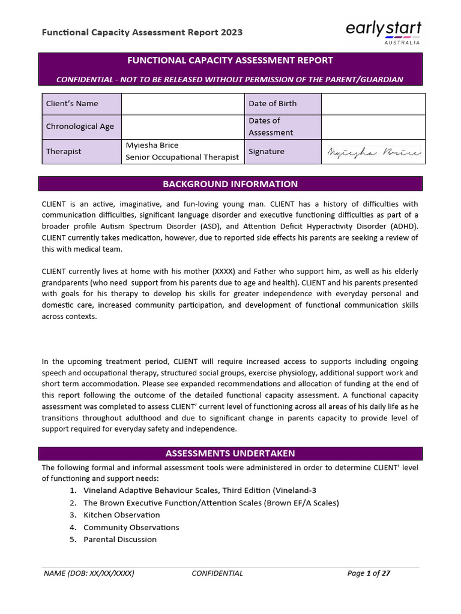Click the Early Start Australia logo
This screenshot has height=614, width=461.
(384, 32)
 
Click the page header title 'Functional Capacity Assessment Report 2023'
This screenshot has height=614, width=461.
(142, 32)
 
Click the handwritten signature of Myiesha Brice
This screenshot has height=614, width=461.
(373, 152)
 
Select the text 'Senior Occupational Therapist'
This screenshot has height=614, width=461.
(182, 158)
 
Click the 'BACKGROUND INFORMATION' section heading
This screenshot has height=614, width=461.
(230, 184)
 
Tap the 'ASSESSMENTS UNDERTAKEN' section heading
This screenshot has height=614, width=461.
(230, 454)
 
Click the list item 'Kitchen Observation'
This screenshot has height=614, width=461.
(122, 515)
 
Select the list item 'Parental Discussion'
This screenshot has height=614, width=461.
(120, 540)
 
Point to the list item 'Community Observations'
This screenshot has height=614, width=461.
(131, 528)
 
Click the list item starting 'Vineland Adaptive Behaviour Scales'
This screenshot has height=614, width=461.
(200, 490)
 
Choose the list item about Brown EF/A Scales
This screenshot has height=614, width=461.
(211, 503)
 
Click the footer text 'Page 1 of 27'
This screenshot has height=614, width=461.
(369, 574)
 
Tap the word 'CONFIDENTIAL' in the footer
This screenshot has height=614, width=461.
(217, 574)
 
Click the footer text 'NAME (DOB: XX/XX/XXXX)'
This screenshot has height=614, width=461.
(89, 574)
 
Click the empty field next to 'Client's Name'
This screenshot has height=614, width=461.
(182, 104)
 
